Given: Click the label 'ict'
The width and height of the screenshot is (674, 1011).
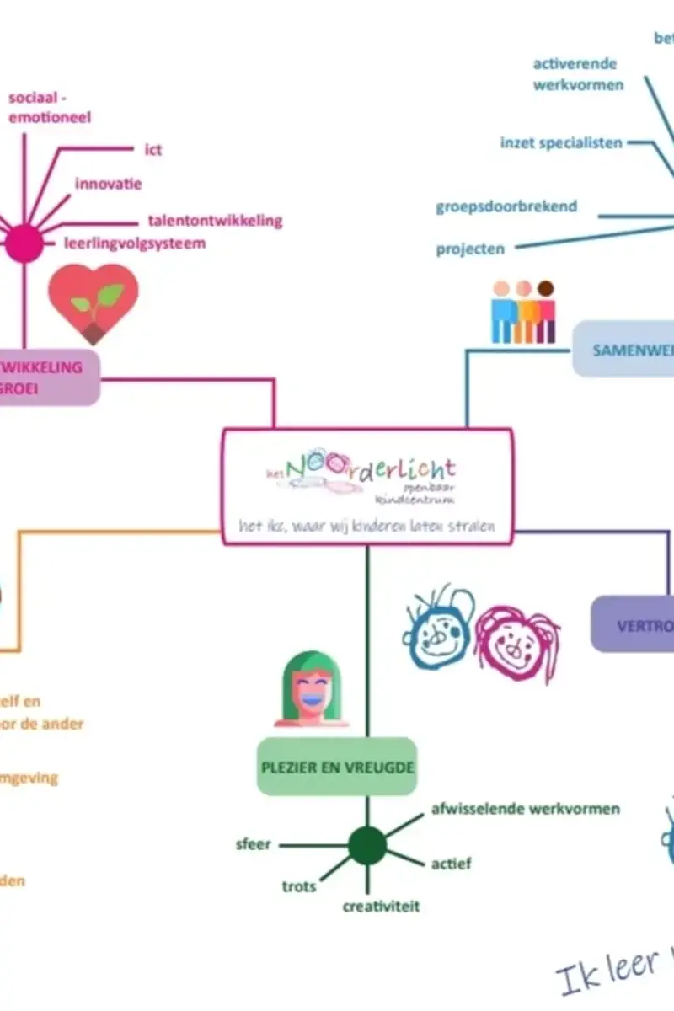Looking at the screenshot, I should click(x=152, y=150).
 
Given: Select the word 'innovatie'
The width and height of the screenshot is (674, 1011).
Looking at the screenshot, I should click(x=108, y=184).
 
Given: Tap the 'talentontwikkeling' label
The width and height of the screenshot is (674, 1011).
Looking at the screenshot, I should click(x=215, y=221).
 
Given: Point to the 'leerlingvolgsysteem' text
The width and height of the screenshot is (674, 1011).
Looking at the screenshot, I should click(x=135, y=243).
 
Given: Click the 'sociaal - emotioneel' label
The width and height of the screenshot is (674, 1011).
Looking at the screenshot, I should click(x=50, y=108).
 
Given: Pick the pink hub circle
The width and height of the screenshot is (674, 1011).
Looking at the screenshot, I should click(x=24, y=245).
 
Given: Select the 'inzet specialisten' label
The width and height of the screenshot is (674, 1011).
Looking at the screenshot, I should click(x=561, y=142).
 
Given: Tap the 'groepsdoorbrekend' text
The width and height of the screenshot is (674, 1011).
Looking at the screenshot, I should click(x=506, y=206).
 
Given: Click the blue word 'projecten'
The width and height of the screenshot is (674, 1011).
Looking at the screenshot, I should click(x=470, y=249).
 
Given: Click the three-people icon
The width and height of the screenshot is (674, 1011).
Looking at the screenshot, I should click(x=523, y=312).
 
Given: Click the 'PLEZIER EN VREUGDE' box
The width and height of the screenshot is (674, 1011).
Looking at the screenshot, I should click(x=337, y=767).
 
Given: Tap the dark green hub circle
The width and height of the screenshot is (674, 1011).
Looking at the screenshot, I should click(x=367, y=845).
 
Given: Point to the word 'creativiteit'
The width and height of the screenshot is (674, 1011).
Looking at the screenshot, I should click(x=381, y=907).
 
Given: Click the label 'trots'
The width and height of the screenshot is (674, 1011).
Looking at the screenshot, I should click(x=299, y=886).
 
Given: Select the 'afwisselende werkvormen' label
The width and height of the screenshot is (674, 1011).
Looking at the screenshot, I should click(x=525, y=809).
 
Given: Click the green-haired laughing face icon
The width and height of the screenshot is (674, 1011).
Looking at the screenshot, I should click(x=312, y=688).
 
